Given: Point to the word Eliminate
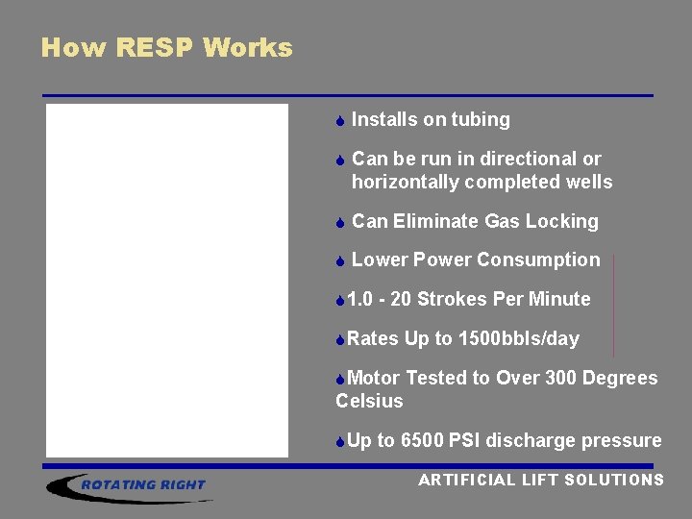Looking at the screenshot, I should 436,221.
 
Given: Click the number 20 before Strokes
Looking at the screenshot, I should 402,299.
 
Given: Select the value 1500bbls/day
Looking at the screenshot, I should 519,338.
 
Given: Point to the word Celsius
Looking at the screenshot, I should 369,401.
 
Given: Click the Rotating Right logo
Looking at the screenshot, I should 130,484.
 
